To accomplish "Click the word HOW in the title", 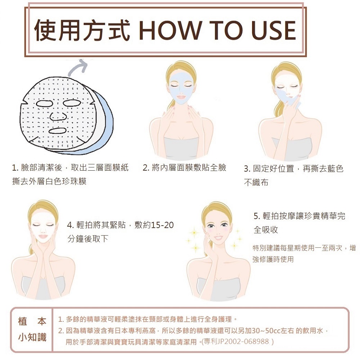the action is (x=170, y=30).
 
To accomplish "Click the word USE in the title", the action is (x=274, y=30).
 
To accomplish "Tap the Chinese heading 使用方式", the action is (x=82, y=30).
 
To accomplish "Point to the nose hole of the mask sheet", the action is (x=58, y=116).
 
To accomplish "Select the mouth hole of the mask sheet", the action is (x=57, y=131).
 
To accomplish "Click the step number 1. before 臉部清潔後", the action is (x=15, y=168).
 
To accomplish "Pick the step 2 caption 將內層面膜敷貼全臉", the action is (x=189, y=168).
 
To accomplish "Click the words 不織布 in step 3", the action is (x=256, y=182).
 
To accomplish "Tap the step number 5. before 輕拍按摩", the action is (x=257, y=216).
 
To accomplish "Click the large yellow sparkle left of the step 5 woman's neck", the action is (x=195, y=248).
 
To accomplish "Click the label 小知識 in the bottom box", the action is (x=32, y=337).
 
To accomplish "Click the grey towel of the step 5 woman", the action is (x=218, y=289).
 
